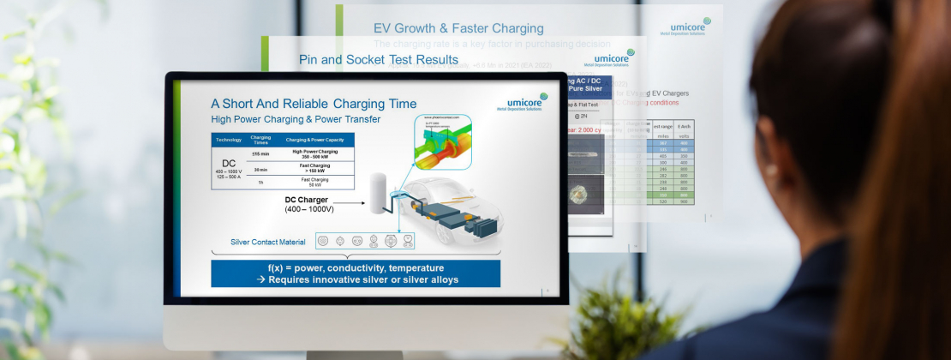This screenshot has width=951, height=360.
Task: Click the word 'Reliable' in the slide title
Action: (308, 104)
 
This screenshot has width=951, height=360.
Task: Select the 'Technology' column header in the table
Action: (229, 139)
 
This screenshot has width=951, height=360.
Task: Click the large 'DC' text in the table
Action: (229, 164)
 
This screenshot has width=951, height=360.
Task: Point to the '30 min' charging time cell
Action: (260, 169)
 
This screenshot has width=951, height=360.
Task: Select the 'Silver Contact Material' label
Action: (268, 242)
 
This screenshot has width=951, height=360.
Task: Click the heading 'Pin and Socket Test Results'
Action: (378, 60)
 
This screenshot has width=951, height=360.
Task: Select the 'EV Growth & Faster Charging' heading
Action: (458, 28)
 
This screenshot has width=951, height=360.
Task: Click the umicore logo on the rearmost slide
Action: (685, 27)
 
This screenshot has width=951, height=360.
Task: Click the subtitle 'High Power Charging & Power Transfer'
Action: (296, 119)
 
